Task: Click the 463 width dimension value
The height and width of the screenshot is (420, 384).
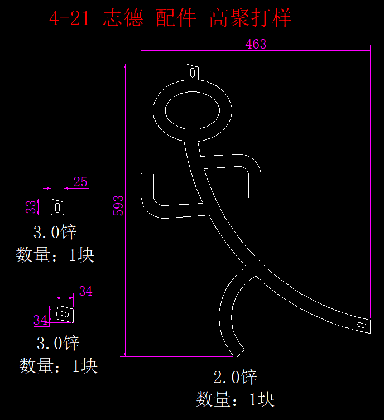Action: point(256,44)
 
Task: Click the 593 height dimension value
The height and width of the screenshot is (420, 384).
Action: point(118,205)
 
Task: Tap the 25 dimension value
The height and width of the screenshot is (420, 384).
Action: point(80,182)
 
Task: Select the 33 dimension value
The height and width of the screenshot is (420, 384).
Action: point(31,207)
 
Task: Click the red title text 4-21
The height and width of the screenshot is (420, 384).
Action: point(69,18)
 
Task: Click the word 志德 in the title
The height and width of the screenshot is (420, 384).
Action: point(123,18)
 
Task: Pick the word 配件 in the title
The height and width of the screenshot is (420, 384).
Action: point(176,18)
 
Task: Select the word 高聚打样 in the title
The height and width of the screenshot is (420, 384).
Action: point(250,18)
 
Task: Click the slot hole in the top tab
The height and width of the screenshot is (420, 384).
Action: point(193,73)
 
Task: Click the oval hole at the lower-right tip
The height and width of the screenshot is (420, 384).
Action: point(362,325)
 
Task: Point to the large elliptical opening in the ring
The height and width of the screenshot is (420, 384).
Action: point(193,110)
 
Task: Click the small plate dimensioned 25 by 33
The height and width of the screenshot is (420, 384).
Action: point(57,207)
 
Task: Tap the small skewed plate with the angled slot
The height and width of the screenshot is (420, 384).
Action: point(65,314)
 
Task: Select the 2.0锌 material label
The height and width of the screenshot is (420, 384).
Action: point(235,377)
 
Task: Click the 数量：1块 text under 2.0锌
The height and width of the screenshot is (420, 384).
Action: point(235,399)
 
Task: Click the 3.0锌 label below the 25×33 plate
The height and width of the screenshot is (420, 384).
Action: point(55,232)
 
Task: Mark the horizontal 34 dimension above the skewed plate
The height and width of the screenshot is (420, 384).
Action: point(86,291)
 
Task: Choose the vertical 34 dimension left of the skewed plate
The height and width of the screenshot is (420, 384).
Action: point(40,320)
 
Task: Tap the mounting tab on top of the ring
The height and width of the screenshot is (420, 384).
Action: point(193,72)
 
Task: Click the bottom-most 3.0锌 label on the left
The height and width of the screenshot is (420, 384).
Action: point(58,343)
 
